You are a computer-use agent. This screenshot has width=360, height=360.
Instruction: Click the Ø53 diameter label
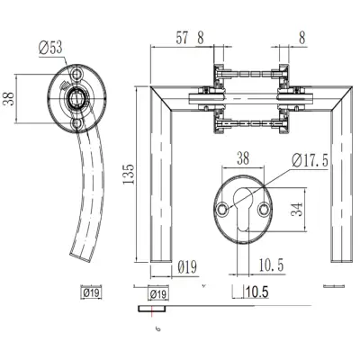[x=53, y=48]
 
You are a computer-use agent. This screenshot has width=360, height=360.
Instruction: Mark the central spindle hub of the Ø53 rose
[x=76, y=96]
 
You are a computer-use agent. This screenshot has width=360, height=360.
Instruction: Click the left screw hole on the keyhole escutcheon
[x=221, y=209]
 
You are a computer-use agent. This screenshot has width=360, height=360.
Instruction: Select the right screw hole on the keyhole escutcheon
[x=265, y=209]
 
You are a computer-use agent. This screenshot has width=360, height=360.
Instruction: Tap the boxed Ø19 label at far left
[x=90, y=292]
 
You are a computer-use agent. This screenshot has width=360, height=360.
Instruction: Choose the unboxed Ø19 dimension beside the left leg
[x=187, y=266]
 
